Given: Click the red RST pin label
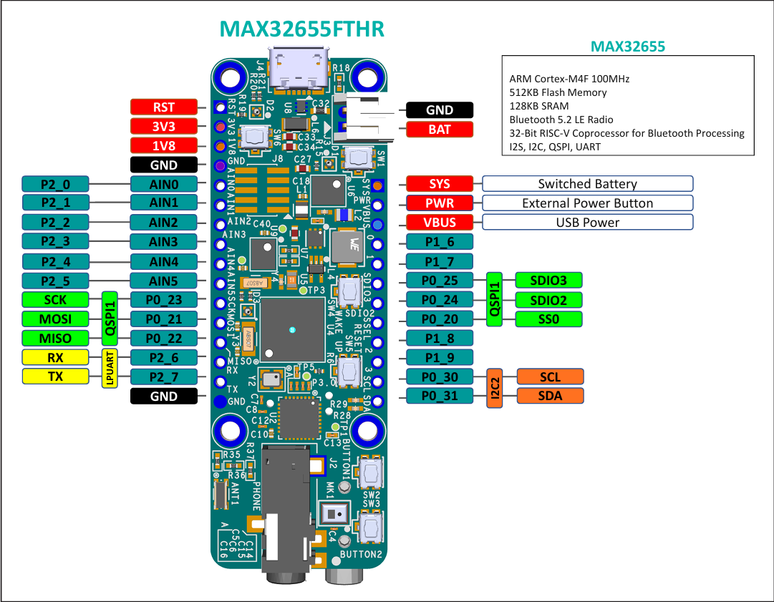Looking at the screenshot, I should click(163, 107).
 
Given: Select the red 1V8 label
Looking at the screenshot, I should click(163, 145).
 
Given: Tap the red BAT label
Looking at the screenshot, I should click(440, 130).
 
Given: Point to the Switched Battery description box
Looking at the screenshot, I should click(587, 184).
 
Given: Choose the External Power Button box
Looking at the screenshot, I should click(587, 203).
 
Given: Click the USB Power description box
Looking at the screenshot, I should click(587, 222).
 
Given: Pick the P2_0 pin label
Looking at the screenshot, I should click(56, 184).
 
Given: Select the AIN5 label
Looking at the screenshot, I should click(163, 281).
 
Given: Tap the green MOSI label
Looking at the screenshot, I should click(56, 319).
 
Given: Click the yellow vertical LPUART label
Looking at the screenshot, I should click(110, 367).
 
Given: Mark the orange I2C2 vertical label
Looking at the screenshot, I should click(494, 387).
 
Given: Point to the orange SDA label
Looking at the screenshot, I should click(550, 396).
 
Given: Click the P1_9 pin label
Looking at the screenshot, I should click(440, 357).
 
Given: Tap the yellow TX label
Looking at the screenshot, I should click(56, 377).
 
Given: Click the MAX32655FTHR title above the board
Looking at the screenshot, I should click(301, 29).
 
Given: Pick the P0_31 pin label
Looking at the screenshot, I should click(440, 396).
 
